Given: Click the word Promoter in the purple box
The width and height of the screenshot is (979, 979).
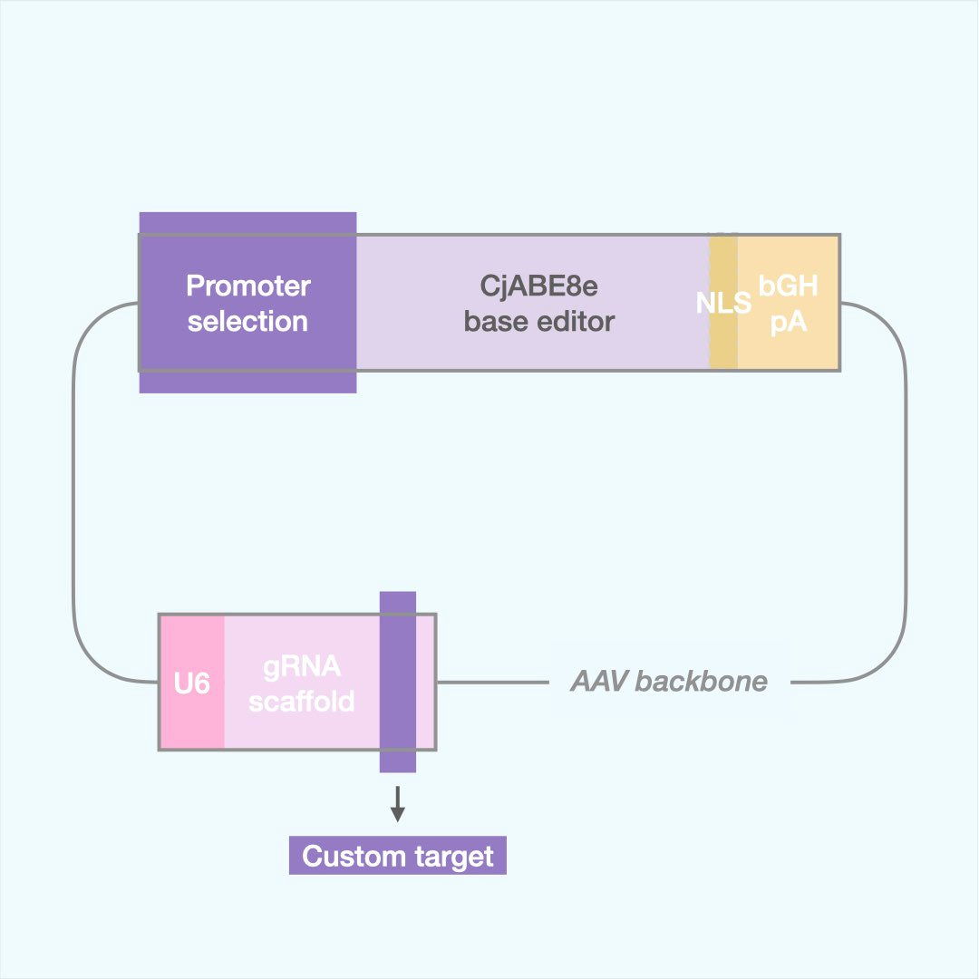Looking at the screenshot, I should [247, 286].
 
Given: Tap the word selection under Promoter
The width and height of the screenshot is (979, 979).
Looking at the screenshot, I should [247, 321].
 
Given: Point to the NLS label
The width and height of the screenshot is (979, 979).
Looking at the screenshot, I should [723, 303].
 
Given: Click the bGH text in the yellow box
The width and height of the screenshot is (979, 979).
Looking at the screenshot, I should [788, 286].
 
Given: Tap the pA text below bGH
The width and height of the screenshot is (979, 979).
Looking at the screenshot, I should [788, 321].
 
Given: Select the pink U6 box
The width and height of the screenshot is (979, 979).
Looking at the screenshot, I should [192, 682].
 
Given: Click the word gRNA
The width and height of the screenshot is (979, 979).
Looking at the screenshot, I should [302, 667].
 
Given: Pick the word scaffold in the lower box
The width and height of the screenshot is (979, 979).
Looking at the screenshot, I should [302, 701].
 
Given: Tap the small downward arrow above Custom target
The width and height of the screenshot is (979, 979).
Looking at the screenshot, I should [397, 804].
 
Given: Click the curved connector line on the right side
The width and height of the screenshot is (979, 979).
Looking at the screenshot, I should [905, 499].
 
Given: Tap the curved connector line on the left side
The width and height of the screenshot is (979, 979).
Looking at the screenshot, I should [73, 499].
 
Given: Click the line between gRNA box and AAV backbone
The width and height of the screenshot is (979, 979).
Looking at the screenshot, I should [489, 682].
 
